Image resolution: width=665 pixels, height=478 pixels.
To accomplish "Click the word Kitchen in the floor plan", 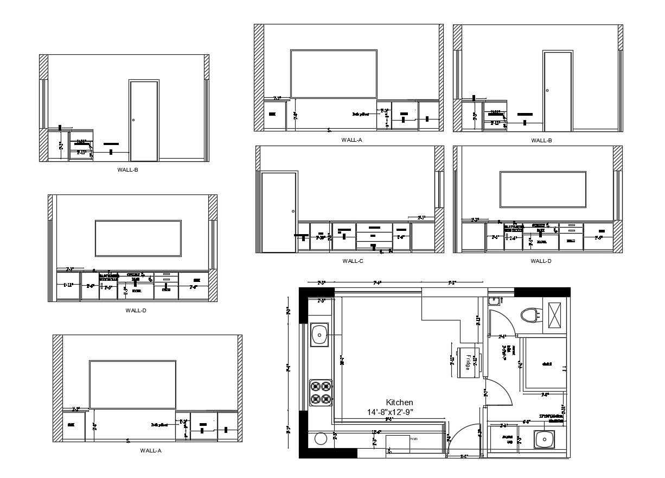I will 399,402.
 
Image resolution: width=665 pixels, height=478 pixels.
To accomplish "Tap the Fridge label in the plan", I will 468,362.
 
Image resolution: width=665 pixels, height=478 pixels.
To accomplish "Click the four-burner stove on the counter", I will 320,393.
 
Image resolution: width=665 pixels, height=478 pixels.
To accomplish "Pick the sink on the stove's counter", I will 320,335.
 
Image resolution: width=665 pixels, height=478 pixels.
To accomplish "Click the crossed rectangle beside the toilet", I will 555,315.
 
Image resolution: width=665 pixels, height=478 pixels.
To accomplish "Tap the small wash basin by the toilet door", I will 493,301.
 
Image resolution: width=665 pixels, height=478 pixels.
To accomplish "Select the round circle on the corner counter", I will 320,439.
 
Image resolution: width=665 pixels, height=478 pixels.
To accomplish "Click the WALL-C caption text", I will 353,261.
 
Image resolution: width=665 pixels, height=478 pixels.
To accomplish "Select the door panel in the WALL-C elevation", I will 279,212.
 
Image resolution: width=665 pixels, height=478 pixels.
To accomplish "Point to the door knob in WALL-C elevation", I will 293,211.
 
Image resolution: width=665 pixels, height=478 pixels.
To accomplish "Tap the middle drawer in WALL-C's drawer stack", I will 374,236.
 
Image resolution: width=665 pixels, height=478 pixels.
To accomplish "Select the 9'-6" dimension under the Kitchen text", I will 388,419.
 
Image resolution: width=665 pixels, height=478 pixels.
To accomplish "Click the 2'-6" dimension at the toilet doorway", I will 502,337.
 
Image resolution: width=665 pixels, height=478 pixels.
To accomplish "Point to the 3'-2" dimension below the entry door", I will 464,457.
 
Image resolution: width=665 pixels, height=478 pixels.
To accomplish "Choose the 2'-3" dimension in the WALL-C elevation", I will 421,218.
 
